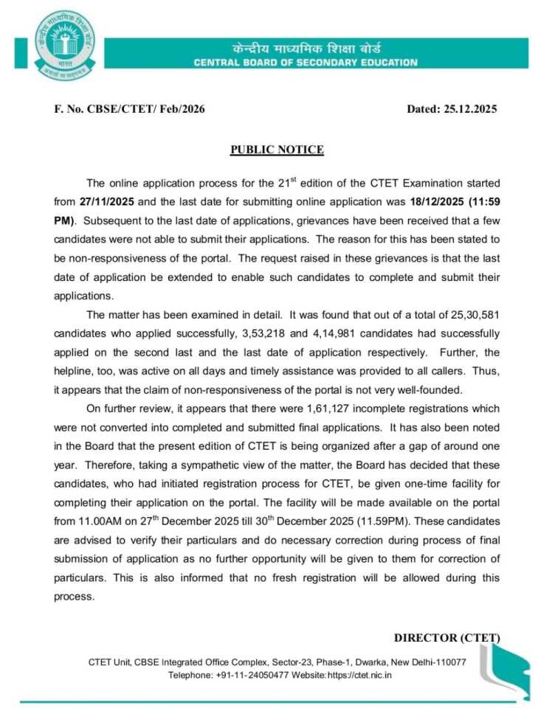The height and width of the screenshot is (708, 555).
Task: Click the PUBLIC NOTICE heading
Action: tap(277, 150)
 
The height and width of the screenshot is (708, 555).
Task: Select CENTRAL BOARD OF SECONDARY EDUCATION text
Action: tap(306, 63)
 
